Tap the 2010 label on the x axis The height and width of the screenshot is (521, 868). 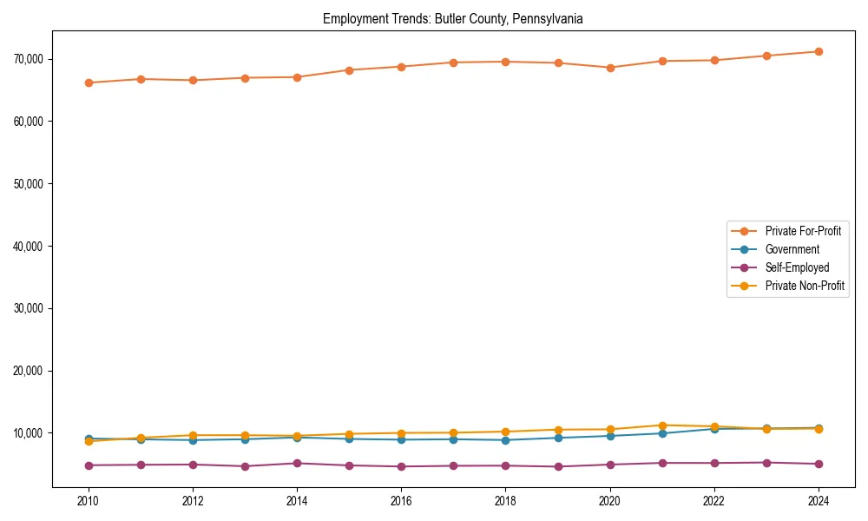tap(88, 501)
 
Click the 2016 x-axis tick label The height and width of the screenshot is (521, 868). tap(401, 501)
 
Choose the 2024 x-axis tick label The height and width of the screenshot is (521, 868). tap(819, 501)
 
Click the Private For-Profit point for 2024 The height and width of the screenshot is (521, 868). tap(819, 51)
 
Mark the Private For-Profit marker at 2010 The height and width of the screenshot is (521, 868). tap(89, 82)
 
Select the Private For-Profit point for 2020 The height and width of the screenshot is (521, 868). tap(610, 68)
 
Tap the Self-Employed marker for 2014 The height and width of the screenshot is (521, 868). tap(297, 463)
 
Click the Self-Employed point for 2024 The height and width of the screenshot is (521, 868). tap(819, 464)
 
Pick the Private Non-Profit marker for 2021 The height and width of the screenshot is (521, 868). tap(662, 425)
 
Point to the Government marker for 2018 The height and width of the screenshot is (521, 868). tap(506, 440)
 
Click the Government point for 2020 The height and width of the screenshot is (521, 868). tap(610, 436)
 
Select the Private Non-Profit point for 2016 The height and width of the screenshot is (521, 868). tap(401, 433)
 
